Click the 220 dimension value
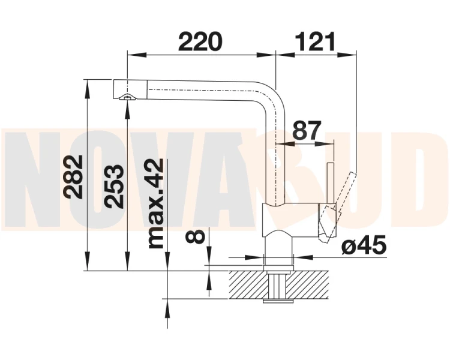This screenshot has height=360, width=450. pos(200,41)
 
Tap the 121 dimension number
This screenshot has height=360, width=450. pos(315,41)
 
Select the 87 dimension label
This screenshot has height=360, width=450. pos(307,130)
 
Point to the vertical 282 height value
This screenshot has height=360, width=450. pos(74,177)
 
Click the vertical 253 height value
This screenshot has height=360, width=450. pos(115,187)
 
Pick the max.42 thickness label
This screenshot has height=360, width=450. pos(155,203)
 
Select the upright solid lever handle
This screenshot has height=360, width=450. pos(331,183)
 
